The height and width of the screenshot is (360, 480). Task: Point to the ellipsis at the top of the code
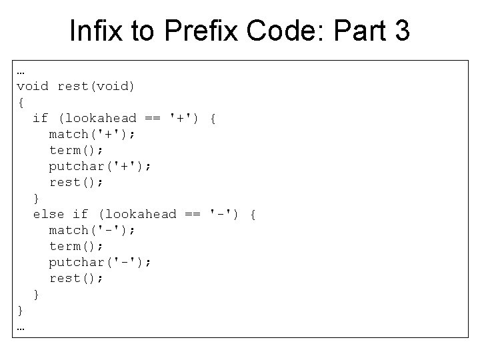pyautogui.click(x=21, y=71)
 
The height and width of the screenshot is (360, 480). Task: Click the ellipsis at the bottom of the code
pyautogui.click(x=21, y=328)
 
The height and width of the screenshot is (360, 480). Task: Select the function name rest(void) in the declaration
pyautogui.click(x=96, y=86)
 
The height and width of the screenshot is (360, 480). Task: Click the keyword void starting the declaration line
pyautogui.click(x=33, y=86)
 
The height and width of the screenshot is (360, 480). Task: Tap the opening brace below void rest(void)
pyautogui.click(x=21, y=102)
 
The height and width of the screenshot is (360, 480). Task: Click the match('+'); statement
pyautogui.click(x=92, y=134)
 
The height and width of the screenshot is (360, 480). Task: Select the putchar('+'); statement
pyautogui.click(x=100, y=166)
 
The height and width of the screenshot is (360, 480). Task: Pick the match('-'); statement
pyautogui.click(x=92, y=230)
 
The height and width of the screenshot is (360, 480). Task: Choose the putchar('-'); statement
pyautogui.click(x=100, y=262)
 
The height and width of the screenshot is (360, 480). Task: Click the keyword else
pyautogui.click(x=49, y=214)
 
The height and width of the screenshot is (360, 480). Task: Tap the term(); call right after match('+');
pyautogui.click(x=76, y=150)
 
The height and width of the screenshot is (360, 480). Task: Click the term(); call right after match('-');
pyautogui.click(x=76, y=246)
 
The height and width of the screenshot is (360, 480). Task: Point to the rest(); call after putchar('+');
pyautogui.click(x=76, y=182)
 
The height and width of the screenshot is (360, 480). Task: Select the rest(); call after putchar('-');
pyautogui.click(x=76, y=278)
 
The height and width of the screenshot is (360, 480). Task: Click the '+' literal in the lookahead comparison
pyautogui.click(x=182, y=118)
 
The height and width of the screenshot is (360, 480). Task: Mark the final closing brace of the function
pyautogui.click(x=21, y=310)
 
